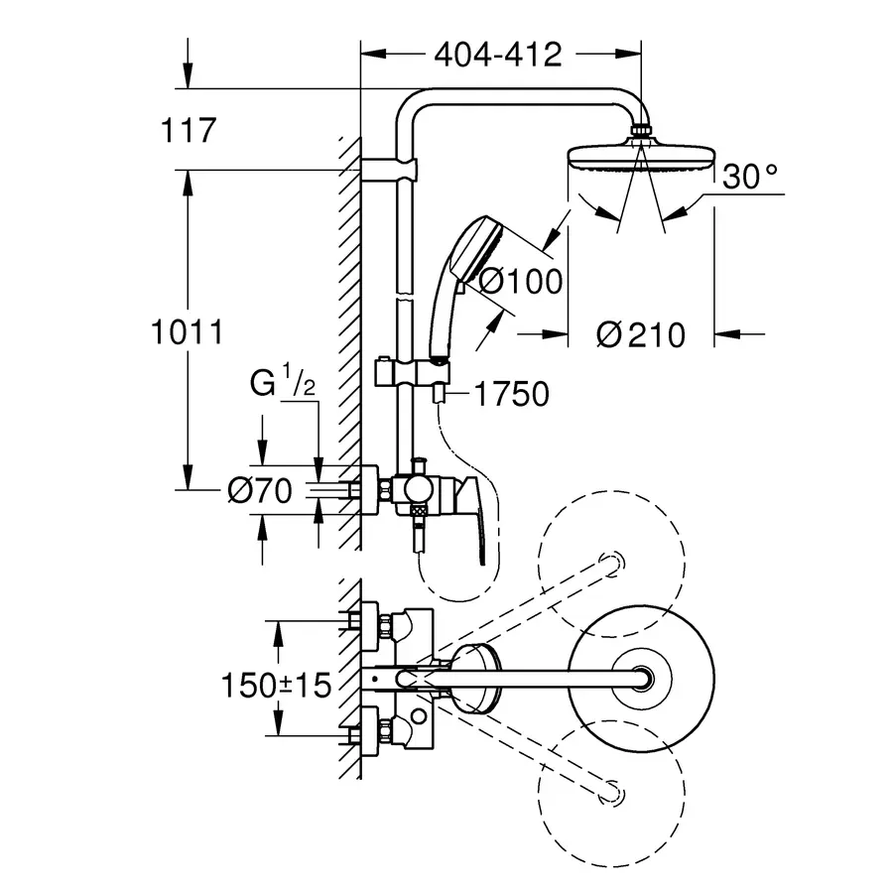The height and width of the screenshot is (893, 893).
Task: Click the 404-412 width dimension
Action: pos(498,55)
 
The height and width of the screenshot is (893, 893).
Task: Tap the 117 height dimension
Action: pos(189,130)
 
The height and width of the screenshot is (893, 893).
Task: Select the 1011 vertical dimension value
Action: pos(187,331)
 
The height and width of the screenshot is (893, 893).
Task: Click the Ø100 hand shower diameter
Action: pos(521,281)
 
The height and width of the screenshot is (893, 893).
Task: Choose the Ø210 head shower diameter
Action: pos(641,334)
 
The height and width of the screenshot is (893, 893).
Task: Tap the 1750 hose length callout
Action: pos(511,394)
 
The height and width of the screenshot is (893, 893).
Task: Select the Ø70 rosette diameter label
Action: pos(260,490)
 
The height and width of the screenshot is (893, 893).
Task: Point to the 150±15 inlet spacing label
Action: pos(276,685)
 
